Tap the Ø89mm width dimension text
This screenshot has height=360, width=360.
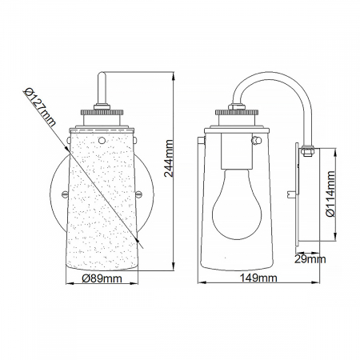[x=102, y=278]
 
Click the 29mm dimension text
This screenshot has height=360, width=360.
[x=310, y=258]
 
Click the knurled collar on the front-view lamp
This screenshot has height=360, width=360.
[x=102, y=112]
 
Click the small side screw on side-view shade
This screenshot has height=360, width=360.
[x=255, y=142]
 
